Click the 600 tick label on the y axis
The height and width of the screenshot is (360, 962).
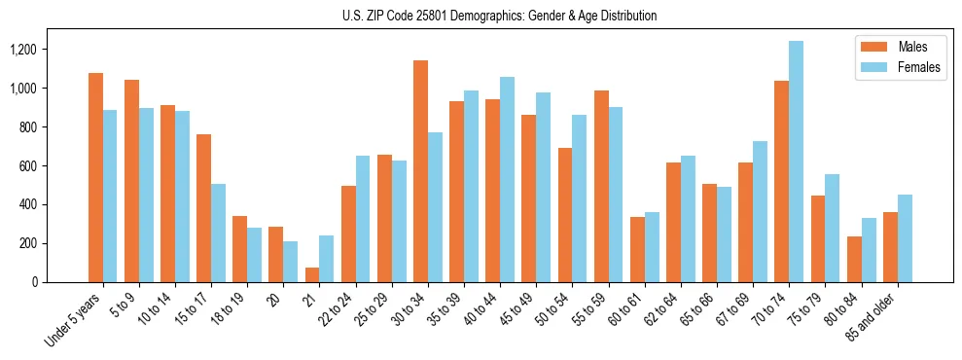[x=26, y=166]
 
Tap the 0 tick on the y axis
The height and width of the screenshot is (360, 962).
[x=34, y=282]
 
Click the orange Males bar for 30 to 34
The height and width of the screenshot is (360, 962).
[x=420, y=171]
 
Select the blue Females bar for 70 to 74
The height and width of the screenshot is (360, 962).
[x=797, y=162]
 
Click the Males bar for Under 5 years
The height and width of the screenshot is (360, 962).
[x=95, y=178]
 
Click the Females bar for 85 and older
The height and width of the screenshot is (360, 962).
[x=905, y=238]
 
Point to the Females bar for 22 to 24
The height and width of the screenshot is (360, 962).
[x=363, y=219]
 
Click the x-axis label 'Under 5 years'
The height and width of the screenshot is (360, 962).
[x=75, y=320]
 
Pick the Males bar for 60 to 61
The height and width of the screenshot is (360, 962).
[x=637, y=250]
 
